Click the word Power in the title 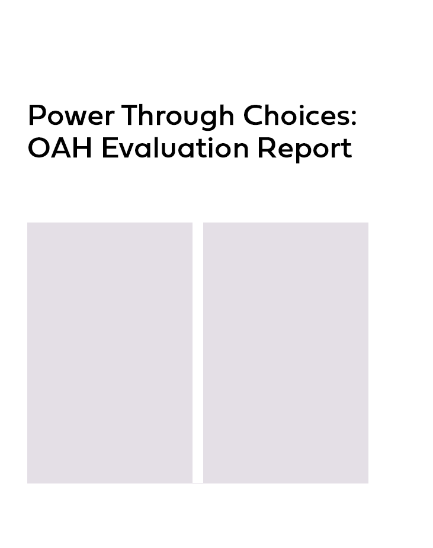(x=71, y=115)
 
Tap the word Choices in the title (x=296, y=115)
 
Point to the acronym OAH (x=60, y=148)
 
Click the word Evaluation (x=175, y=148)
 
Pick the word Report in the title (x=304, y=150)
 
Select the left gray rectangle (x=110, y=353)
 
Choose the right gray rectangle (x=286, y=353)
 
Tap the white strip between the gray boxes (x=198, y=353)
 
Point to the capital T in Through (x=130, y=115)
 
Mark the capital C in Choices (x=254, y=115)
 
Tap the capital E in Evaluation (x=109, y=148)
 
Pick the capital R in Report (x=266, y=148)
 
